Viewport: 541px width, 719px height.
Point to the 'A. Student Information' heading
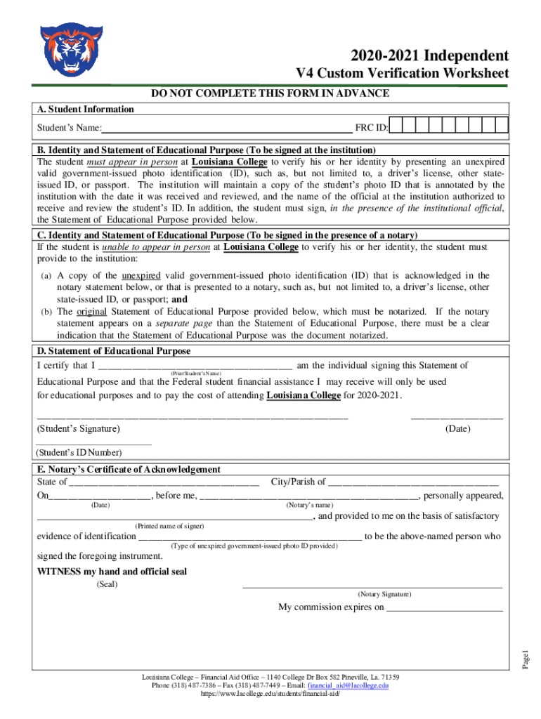(85, 109)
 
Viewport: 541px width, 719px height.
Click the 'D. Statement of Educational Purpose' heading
(113, 350)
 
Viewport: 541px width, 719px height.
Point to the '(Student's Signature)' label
(78, 428)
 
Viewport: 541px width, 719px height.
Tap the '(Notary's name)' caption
(310, 505)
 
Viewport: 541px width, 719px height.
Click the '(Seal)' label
(107, 584)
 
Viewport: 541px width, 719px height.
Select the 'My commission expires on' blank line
(445, 608)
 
